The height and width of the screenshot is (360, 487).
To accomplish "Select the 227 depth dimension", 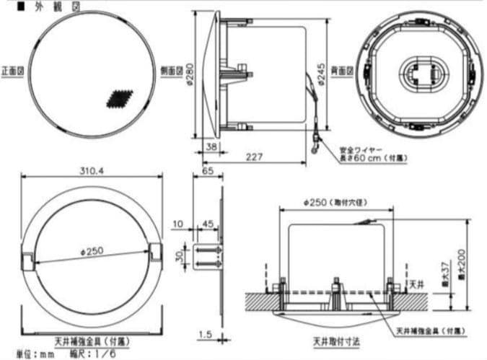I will click(x=253, y=157).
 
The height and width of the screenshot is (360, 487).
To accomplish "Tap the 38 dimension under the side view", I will click(x=211, y=146).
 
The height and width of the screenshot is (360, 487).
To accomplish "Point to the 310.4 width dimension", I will click(x=91, y=171).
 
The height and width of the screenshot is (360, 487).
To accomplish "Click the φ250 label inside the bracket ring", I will click(x=91, y=251).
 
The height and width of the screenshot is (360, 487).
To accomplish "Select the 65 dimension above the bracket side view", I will click(x=209, y=172).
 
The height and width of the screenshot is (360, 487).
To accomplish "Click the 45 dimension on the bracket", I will click(x=208, y=224).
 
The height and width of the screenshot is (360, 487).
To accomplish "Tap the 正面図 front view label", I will click(x=13, y=72).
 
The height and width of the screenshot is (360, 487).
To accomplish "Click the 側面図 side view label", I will click(x=170, y=72).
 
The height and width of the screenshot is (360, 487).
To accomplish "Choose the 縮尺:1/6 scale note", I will click(x=92, y=354).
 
